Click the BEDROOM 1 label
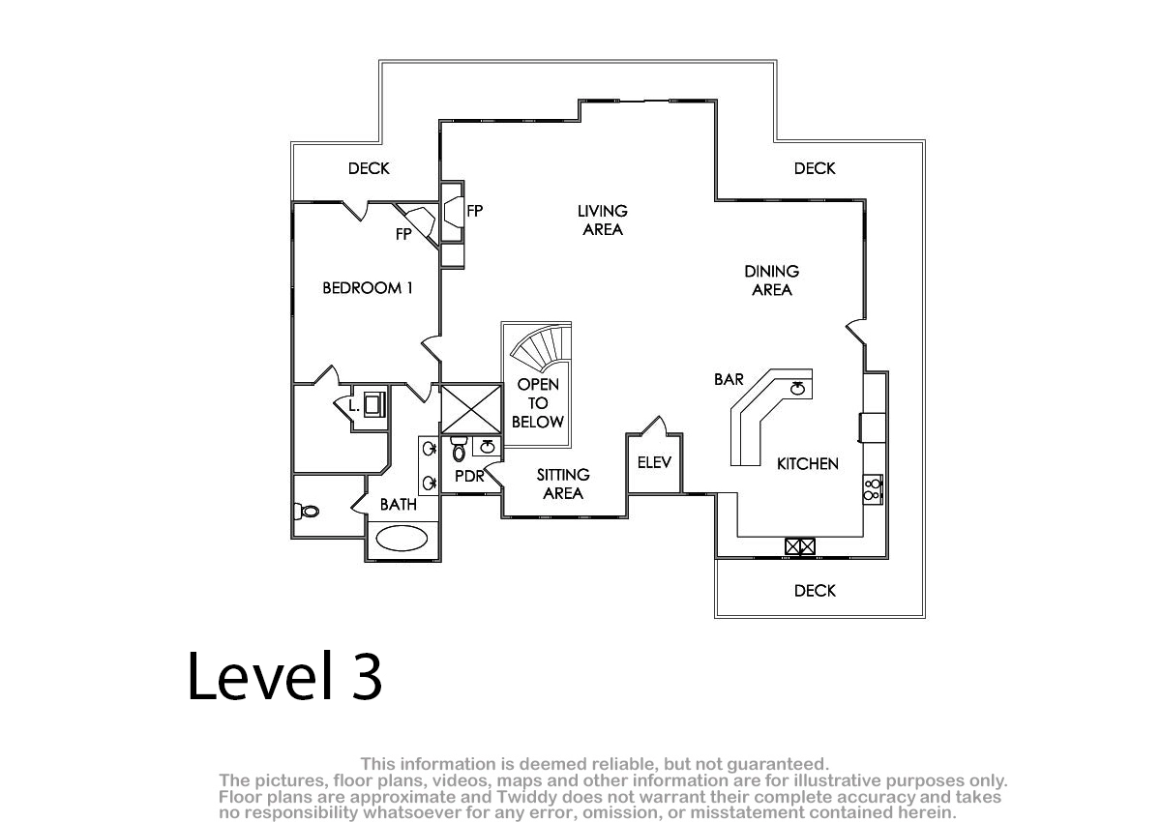368,288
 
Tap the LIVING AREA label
602,220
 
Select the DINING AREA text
772,280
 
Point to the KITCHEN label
808,463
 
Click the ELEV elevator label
654,462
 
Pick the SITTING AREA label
563,484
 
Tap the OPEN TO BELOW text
538,403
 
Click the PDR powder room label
469,476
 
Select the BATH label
398,505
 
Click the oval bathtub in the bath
402,538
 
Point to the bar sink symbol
797,388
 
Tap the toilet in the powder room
459,449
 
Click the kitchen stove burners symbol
873,489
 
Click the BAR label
729,379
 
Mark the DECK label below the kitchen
815,591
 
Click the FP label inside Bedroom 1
403,234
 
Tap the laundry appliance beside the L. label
374,404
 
